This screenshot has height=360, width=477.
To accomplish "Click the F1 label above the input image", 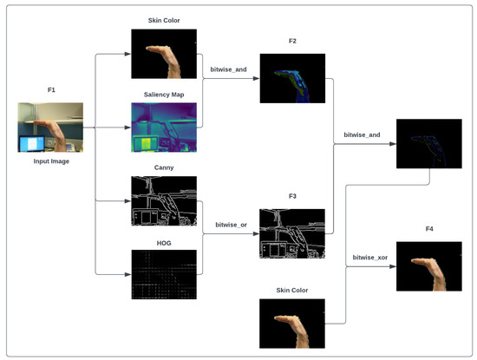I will click(50, 88).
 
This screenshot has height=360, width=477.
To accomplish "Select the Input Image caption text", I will click(50, 160).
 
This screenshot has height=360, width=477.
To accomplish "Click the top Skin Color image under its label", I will click(164, 54).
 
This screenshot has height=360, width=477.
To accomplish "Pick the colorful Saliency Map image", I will click(164, 127).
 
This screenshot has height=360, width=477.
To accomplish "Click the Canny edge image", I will click(164, 201).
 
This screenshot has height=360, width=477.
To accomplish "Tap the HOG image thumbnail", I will click(164, 274).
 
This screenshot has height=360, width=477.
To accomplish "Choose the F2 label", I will click(291, 42).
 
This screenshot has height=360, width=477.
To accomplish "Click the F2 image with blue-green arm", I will click(291, 78).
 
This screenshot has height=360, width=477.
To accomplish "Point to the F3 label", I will click(291, 196).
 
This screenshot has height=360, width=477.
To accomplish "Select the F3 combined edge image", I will click(291, 234).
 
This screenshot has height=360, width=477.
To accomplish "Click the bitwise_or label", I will click(232, 224).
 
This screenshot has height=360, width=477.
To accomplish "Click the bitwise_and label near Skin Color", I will click(229, 69).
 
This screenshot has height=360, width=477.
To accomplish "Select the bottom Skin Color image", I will click(291, 324).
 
